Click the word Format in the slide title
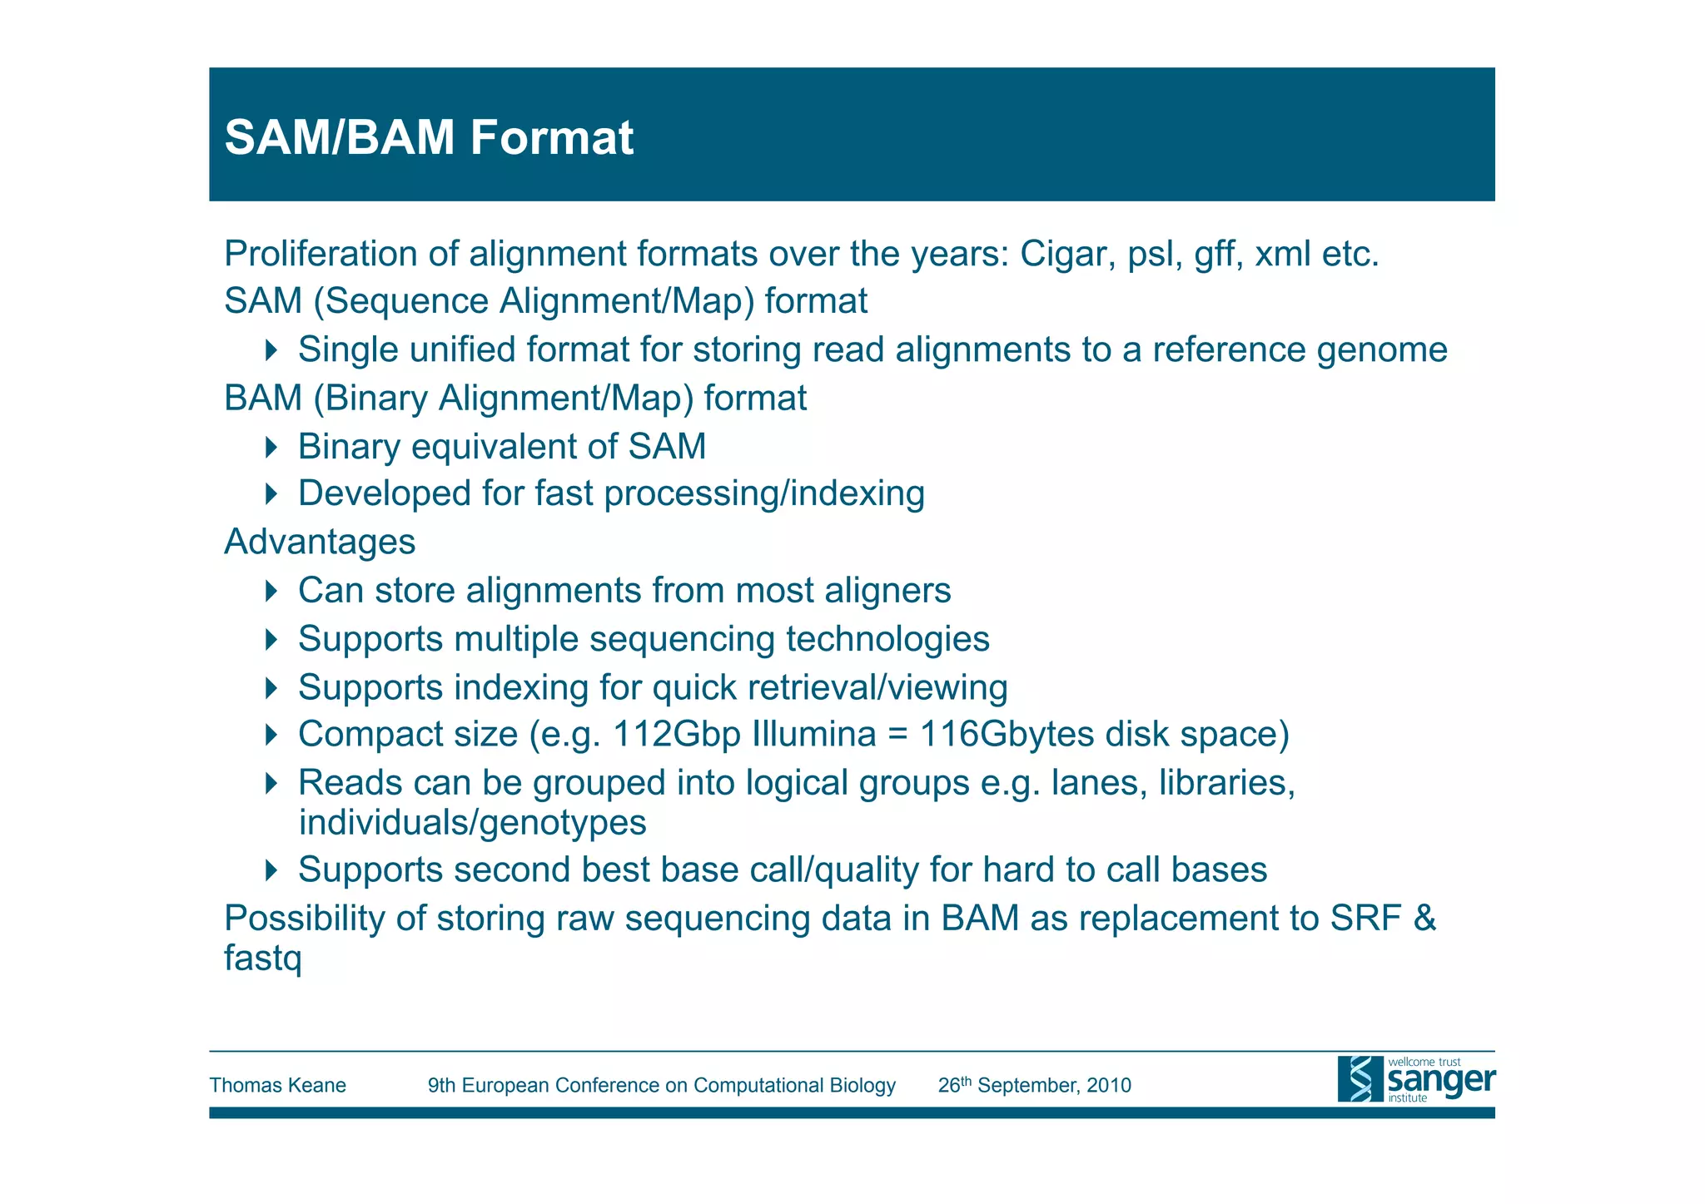[x=551, y=137]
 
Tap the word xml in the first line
[x=1283, y=254]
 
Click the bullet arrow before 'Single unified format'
[x=271, y=349]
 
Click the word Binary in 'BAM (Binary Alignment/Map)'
[x=376, y=399]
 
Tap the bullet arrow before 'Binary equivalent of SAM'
[x=271, y=447]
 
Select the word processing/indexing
[x=764, y=493]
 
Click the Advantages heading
[x=320, y=542]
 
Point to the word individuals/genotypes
[x=472, y=823]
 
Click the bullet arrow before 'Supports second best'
[x=271, y=870]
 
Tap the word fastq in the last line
[x=262, y=959]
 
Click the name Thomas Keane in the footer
[x=277, y=1085]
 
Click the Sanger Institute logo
[x=1415, y=1079]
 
